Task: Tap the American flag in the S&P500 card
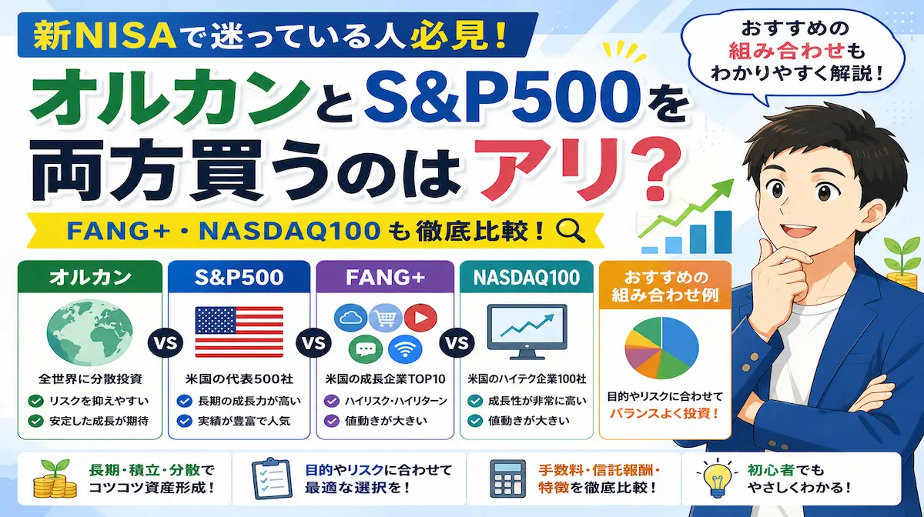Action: pos(239,332)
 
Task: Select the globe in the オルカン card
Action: pos(89,332)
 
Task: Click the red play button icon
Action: pos(420,318)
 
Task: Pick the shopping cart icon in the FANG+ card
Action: pos(385,318)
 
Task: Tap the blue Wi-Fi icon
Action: pos(405,349)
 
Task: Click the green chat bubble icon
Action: pos(366,349)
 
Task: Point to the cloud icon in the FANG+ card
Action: pos(350,318)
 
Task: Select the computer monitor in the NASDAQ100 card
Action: pos(527,332)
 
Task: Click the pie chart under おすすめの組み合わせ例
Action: pos(661,348)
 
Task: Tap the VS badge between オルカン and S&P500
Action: pos(166,343)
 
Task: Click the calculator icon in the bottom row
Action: pos(507,479)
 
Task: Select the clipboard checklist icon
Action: pos(272,479)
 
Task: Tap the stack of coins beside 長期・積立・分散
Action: pos(55,479)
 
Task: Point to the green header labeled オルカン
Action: pos(90,277)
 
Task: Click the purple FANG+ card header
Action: pos(385,277)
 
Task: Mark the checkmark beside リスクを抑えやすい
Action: pos(36,401)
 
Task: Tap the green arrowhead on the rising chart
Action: pos(725,188)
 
